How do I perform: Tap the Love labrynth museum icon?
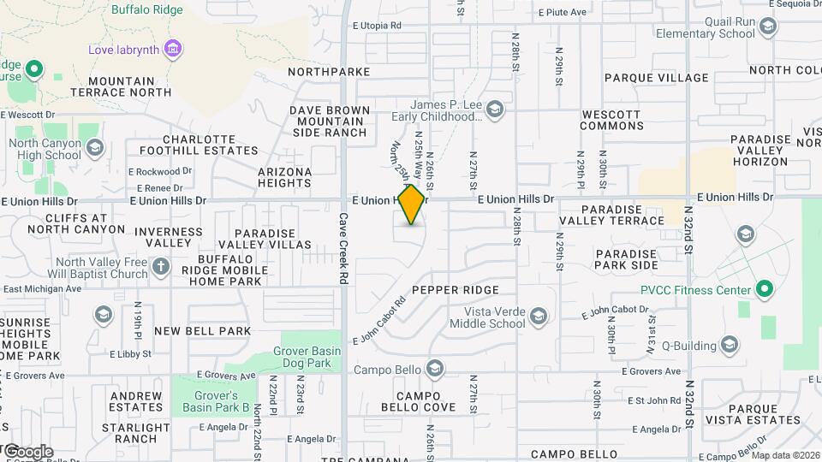(174, 49)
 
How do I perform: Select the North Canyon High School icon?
(94, 148)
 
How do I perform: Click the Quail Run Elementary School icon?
(768, 27)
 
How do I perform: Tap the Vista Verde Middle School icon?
(539, 317)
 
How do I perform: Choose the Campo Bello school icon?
(435, 369)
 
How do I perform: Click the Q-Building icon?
(730, 345)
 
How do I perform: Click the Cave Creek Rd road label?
(343, 248)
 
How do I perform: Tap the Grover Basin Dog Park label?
(313, 357)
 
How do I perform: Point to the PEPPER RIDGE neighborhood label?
(455, 291)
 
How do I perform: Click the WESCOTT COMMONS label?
(611, 120)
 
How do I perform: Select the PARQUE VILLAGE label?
(657, 78)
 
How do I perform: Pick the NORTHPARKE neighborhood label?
(329, 72)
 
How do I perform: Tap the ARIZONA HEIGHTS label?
(285, 177)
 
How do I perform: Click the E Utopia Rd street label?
(377, 26)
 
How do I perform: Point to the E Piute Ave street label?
(562, 12)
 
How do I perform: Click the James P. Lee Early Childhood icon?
(495, 109)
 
